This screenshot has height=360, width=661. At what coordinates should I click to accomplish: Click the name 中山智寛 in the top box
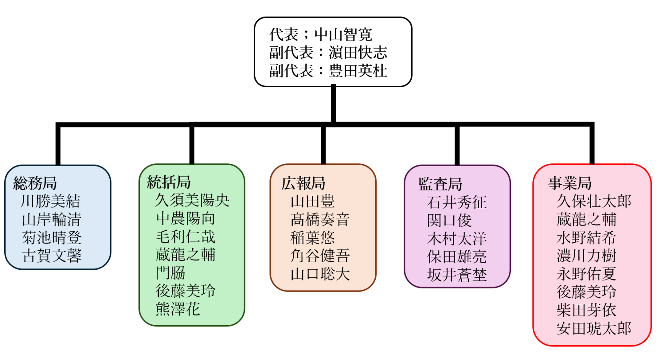coord(343,35)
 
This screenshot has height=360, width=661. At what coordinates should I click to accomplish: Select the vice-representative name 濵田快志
coord(358,53)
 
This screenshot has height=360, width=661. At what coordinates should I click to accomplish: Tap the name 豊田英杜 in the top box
coord(358,71)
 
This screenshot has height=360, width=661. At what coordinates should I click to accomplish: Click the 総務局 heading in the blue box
coord(35,183)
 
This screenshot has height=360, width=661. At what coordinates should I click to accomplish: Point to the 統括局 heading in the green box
coord(169,182)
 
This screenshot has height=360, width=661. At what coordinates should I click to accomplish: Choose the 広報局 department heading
coord(303,183)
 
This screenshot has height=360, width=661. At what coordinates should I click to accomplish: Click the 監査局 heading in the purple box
coord(440,184)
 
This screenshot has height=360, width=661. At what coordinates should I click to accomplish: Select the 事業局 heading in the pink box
coord(570,183)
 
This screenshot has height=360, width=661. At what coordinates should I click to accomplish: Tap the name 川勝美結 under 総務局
coord(51,201)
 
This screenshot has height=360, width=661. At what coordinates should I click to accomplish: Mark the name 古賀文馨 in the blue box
coord(52,256)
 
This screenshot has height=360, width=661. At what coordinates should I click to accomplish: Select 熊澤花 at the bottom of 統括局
coord(178,309)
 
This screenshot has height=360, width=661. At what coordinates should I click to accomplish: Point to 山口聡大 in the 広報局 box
coord(320,274)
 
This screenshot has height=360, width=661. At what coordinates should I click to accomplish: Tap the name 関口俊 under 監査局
coord(449,221)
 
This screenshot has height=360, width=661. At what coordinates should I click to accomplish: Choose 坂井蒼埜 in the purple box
coord(457,275)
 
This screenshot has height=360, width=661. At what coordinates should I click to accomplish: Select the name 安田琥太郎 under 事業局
coord(594,328)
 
